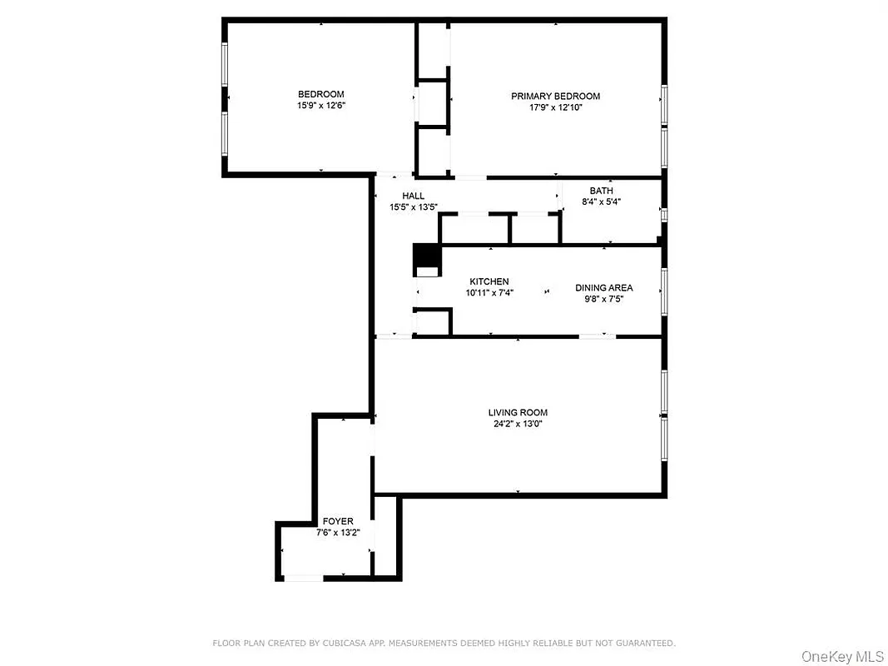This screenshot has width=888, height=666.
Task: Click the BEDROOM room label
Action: tap(320, 94)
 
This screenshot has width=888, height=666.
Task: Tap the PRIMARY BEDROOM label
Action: tap(555, 97)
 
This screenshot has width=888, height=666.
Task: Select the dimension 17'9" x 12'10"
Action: tap(555, 108)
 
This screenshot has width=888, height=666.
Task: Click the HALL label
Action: tap(413, 196)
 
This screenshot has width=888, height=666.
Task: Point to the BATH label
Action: tap(601, 191)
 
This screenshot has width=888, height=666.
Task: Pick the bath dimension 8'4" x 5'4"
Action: tap(601, 201)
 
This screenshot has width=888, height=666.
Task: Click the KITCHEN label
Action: tap(489, 281)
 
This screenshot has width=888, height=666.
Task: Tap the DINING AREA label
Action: tap(603, 288)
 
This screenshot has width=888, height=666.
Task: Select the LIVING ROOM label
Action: tap(518, 412)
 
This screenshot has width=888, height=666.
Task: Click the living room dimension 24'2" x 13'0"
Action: tap(518, 424)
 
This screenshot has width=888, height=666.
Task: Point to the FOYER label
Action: tap(338, 521)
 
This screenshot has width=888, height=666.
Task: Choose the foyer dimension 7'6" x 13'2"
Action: tap(338, 532)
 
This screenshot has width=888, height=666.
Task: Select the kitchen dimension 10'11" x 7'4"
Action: tap(489, 293)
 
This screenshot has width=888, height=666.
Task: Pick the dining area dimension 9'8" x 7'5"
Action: tap(603, 299)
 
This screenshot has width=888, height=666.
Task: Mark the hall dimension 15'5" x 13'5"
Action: tap(413, 206)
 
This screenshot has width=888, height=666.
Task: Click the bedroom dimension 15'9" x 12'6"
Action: tap(320, 106)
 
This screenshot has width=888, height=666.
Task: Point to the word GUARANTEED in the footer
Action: tap(644, 644)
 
